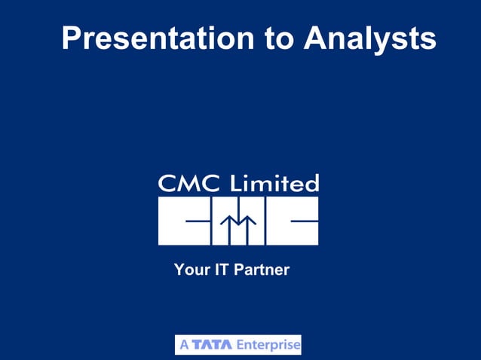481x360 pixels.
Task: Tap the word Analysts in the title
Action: pyautogui.click(x=369, y=38)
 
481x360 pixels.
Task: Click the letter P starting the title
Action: pyautogui.click(x=71, y=38)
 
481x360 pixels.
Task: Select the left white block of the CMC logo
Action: pyautogui.click(x=184, y=221)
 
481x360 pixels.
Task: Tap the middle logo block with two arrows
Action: pyautogui.click(x=238, y=221)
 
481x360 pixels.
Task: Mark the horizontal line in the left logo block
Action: pyautogui.click(x=198, y=221)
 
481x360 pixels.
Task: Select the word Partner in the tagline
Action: pyautogui.click(x=262, y=269)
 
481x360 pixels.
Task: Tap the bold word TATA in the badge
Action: pyautogui.click(x=213, y=345)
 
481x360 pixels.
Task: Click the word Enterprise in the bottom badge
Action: pyautogui.click(x=268, y=345)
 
